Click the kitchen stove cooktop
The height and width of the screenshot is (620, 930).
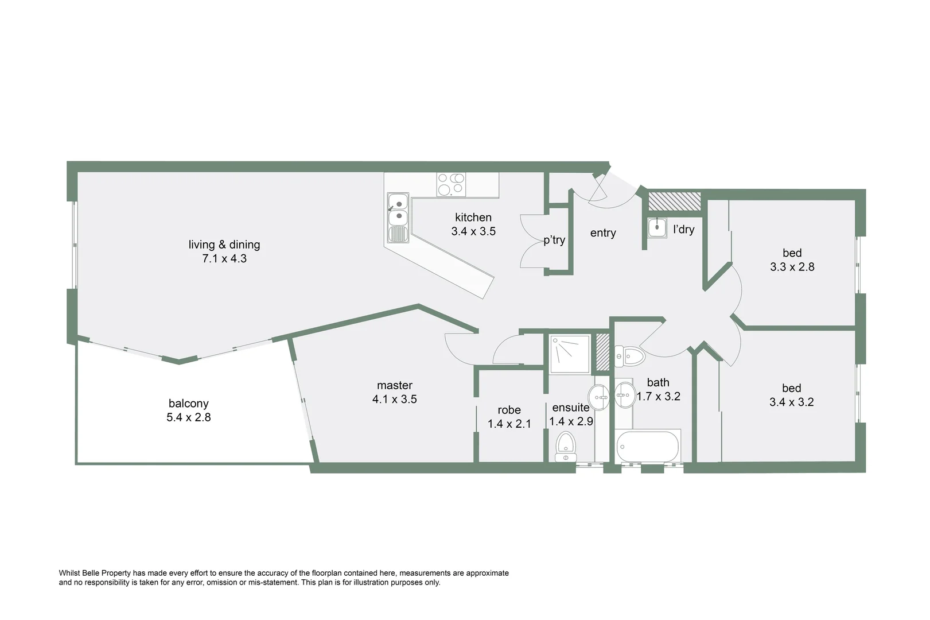point(451,184)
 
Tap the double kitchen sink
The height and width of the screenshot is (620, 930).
point(398,210)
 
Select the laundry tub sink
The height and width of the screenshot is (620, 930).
point(657,228)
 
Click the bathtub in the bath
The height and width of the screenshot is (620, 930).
point(647,445)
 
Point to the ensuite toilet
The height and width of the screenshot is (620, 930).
point(566,447)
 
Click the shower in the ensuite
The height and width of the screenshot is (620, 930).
point(570,354)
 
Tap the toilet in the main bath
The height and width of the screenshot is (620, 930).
point(629,356)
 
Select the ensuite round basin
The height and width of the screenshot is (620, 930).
point(599,396)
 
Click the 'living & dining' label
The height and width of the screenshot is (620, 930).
point(224,245)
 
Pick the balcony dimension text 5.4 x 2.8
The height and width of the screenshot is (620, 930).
point(189,418)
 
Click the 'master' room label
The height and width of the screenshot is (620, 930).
point(395,386)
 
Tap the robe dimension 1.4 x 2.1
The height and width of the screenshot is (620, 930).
point(509,424)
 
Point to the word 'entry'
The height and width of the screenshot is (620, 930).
point(603,233)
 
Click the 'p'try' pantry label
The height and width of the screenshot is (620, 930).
point(554,240)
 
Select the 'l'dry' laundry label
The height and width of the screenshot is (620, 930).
point(683,230)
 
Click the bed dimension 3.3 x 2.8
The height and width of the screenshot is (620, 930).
point(792,267)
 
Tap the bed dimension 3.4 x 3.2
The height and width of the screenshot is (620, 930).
point(791,402)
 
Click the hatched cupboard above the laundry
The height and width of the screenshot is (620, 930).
point(674,201)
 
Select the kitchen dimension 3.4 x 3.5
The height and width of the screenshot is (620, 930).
point(473,231)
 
